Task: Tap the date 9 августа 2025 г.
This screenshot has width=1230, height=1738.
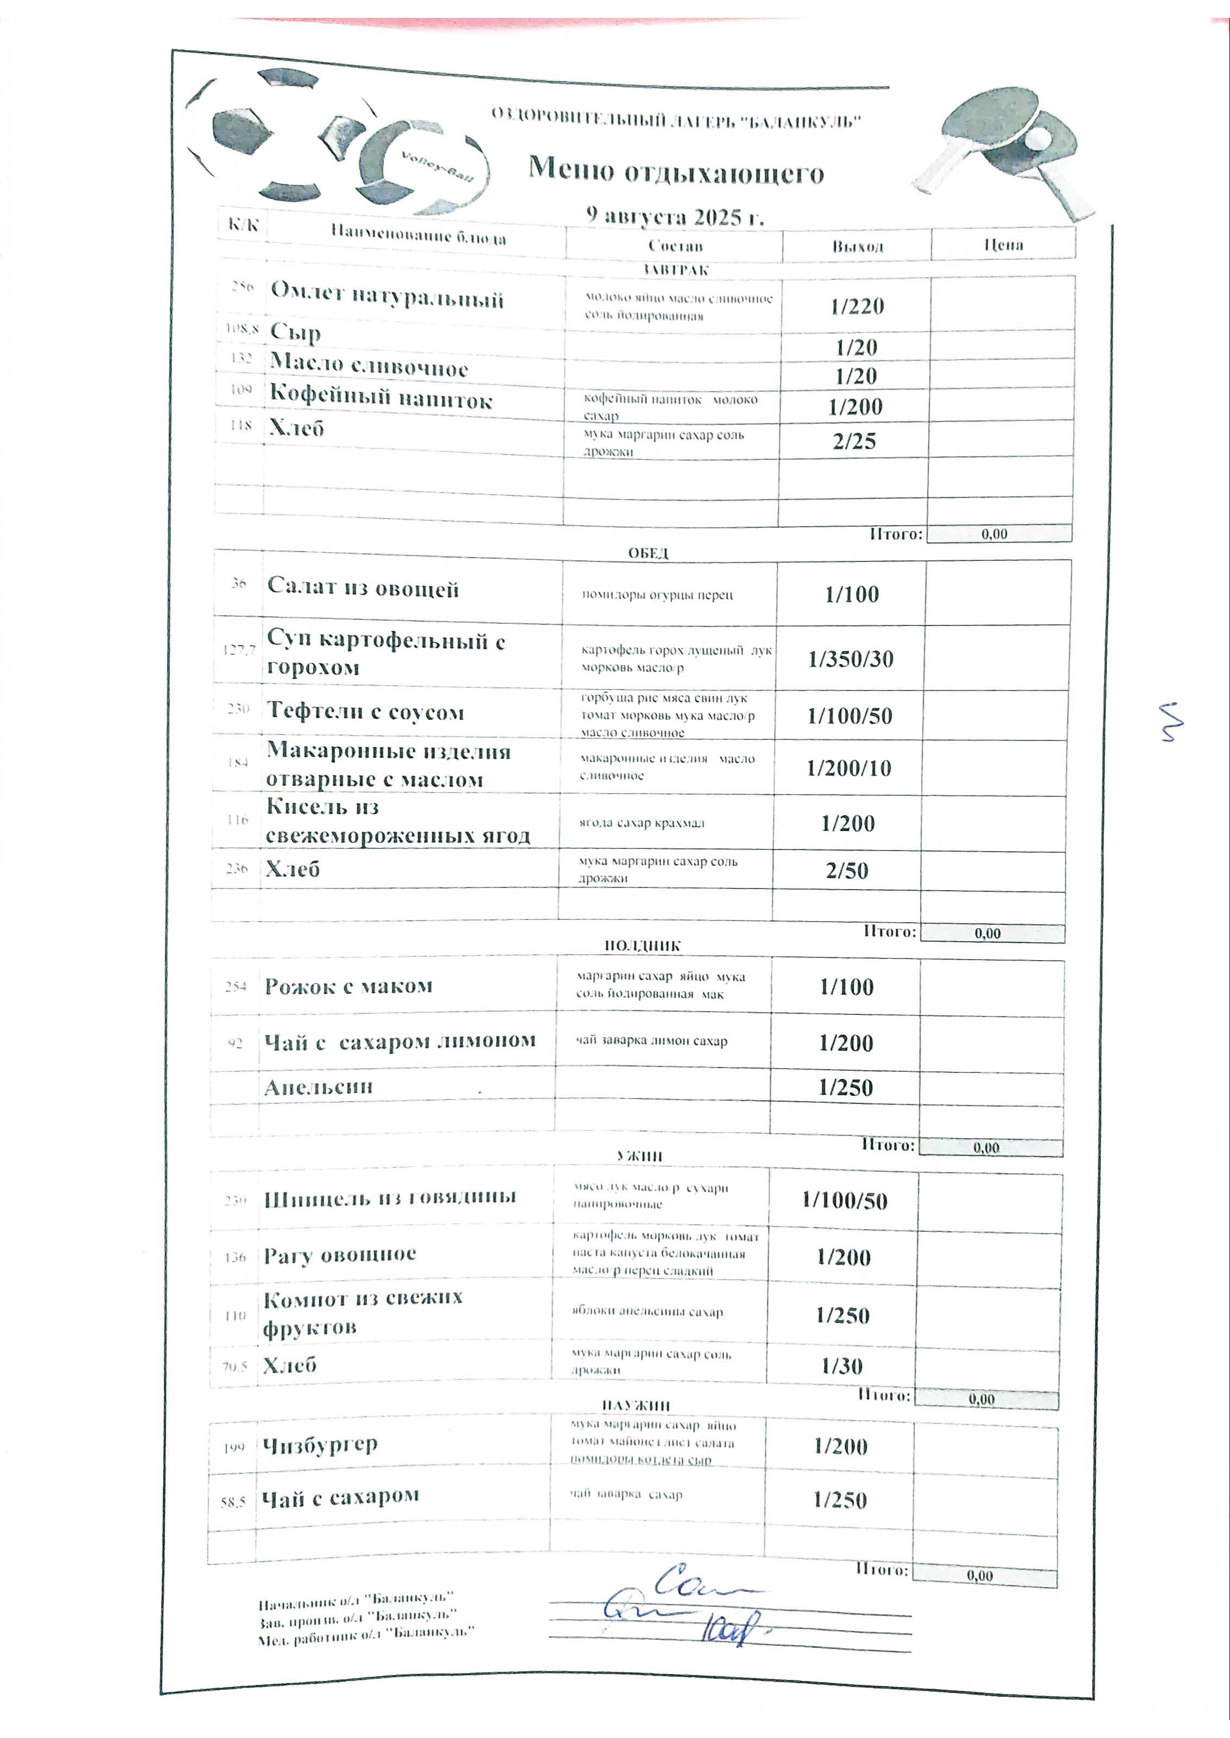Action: click(675, 216)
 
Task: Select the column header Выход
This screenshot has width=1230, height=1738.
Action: click(858, 247)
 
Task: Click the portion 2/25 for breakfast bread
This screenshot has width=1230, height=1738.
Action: click(854, 442)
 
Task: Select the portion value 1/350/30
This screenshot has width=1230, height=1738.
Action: click(851, 659)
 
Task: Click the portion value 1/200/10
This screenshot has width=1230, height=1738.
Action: click(848, 768)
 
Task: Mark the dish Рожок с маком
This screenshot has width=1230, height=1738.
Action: click(348, 986)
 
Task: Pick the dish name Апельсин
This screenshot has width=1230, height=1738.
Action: click(318, 1087)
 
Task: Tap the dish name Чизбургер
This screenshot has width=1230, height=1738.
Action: click(320, 1445)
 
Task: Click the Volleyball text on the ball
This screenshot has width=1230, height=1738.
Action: click(437, 167)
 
